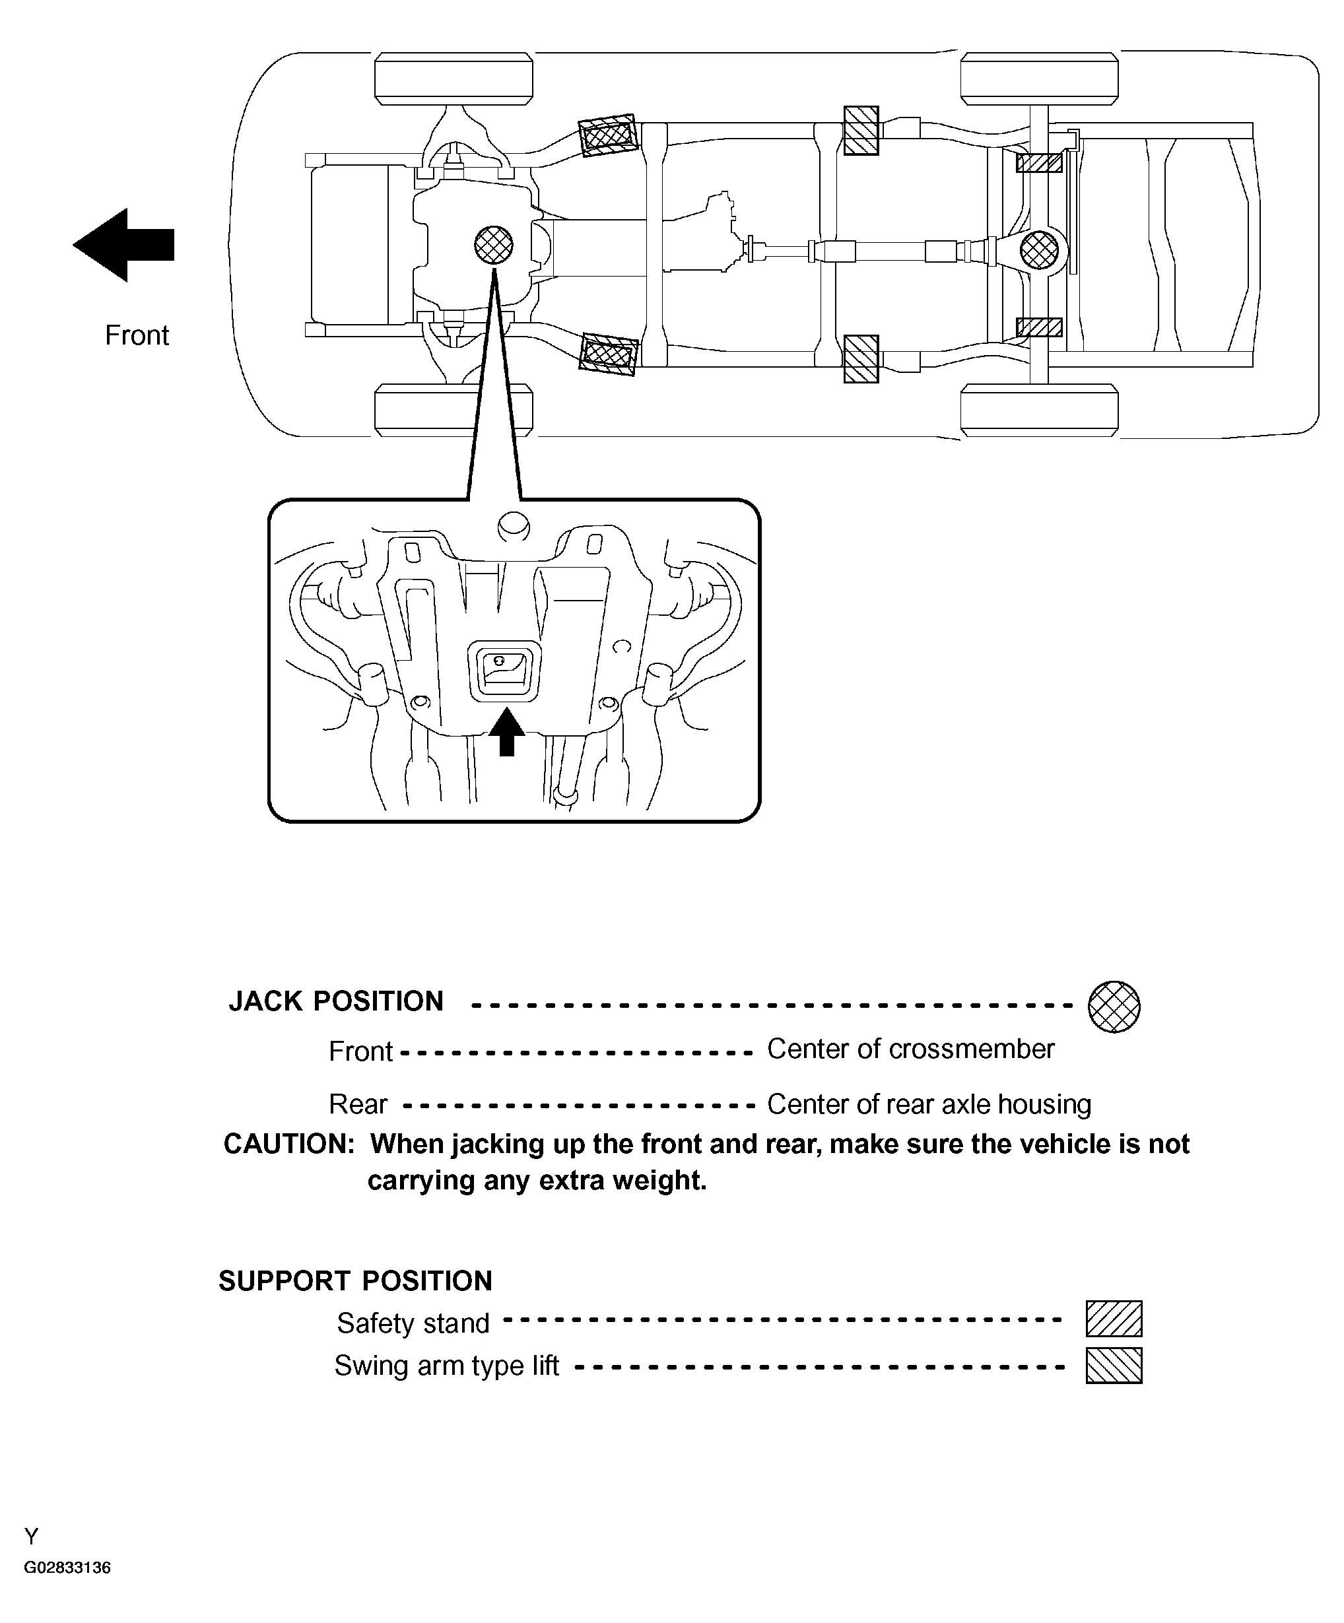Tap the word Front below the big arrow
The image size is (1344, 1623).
137,335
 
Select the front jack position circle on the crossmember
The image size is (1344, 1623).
493,245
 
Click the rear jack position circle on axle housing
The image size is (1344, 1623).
1039,249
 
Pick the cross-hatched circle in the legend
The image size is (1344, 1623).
1114,1007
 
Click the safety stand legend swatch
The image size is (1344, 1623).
1114,1319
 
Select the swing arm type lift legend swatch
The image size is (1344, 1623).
1114,1366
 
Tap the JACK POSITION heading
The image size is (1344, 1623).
335,1001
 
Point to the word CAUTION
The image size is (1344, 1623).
288,1144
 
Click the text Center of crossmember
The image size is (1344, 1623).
910,1049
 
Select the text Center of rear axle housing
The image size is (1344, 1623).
929,1104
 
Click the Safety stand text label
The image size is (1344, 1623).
413,1323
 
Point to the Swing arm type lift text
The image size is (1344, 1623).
446,1366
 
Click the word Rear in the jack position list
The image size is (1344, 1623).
358,1104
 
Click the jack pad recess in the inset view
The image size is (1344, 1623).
503,670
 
